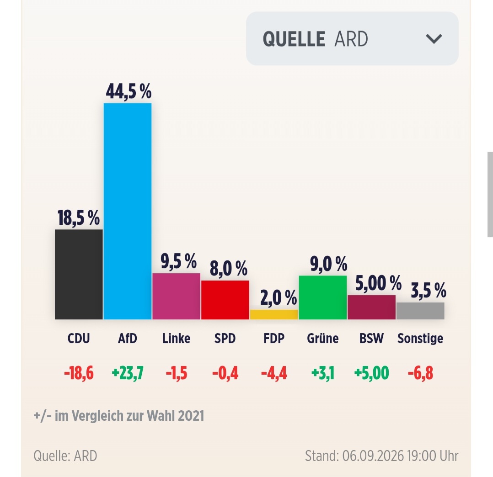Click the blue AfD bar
(127, 211)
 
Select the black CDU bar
(79, 275)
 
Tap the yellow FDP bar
(274, 315)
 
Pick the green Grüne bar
(322, 297)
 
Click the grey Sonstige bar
(420, 311)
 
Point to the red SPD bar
(225, 300)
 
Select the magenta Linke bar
(177, 296)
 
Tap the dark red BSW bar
(372, 307)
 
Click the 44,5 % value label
(129, 92)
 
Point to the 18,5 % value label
(79, 217)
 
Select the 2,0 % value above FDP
(279, 297)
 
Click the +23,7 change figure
(128, 373)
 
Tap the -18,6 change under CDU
(79, 373)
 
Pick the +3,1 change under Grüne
(322, 373)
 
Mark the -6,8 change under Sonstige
(420, 373)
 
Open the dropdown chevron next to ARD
(434, 39)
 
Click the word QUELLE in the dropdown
(294, 39)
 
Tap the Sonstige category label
(420, 339)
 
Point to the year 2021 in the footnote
(191, 416)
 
